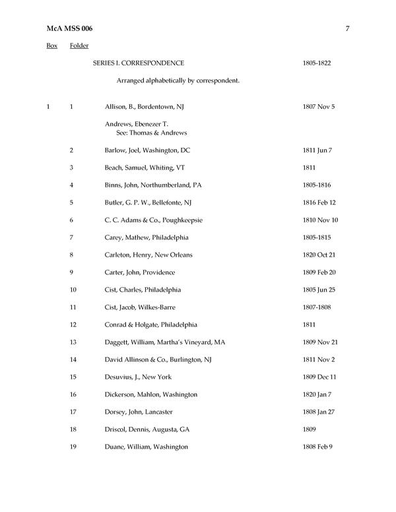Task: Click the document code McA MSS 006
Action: click(x=69, y=28)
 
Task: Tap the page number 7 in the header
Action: click(x=347, y=28)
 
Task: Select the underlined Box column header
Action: click(x=51, y=46)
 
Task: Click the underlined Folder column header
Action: click(x=79, y=46)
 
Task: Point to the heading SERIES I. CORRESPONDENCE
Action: click(x=138, y=63)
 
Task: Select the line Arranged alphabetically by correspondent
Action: click(x=178, y=80)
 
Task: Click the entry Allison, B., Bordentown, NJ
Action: click(x=146, y=106)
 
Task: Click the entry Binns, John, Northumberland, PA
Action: click(x=153, y=185)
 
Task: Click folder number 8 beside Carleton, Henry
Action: click(x=71, y=255)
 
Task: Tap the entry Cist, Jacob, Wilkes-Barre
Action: click(x=140, y=307)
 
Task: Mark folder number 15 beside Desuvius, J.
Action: click(x=73, y=377)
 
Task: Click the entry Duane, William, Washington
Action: click(x=146, y=447)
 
